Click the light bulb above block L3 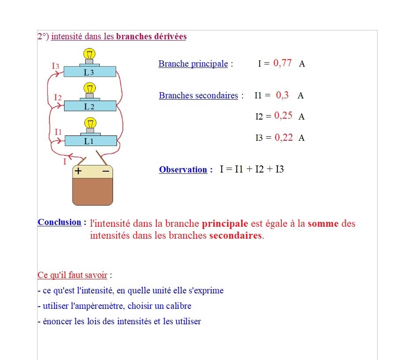click(90, 55)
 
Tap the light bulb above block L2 click(90, 88)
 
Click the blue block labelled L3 click(90, 72)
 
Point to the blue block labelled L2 click(90, 106)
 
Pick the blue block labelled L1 click(91, 141)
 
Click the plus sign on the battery click(78, 171)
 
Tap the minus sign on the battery click(106, 171)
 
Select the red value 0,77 click(283, 63)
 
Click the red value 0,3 click(282, 95)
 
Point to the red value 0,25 click(283, 116)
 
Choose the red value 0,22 click(284, 137)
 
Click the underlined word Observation click(183, 169)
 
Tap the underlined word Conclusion click(60, 222)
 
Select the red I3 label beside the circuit click(55, 66)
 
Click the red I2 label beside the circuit click(57, 97)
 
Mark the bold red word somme click(323, 224)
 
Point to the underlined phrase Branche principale click(193, 64)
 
